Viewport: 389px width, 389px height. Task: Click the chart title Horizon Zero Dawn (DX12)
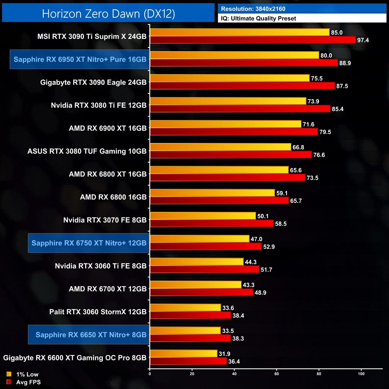(108, 14)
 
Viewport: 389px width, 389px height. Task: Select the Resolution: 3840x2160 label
(253, 9)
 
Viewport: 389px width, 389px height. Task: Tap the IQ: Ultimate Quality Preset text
(259, 19)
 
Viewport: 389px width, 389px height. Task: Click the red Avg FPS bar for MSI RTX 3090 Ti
(253, 40)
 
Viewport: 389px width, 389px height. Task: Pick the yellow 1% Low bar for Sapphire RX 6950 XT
(234, 55)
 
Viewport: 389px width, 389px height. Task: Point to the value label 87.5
(342, 86)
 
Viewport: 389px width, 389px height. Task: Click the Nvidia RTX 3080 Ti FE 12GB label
(99, 105)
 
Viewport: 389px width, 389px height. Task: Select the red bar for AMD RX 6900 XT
(234, 132)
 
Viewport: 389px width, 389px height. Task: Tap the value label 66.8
(298, 147)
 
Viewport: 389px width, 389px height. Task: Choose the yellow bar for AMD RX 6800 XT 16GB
(219, 170)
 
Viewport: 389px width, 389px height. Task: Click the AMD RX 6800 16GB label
(113, 197)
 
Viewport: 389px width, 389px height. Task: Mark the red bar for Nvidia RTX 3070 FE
(212, 224)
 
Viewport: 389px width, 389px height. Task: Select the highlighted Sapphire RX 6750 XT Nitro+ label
(89, 243)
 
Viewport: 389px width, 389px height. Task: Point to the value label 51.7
(266, 270)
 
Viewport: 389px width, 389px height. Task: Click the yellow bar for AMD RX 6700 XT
(195, 285)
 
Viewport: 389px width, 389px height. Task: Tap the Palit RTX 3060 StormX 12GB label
(98, 312)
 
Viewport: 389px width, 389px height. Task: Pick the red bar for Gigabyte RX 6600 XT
(188, 361)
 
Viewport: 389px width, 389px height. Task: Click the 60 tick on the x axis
(276, 374)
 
